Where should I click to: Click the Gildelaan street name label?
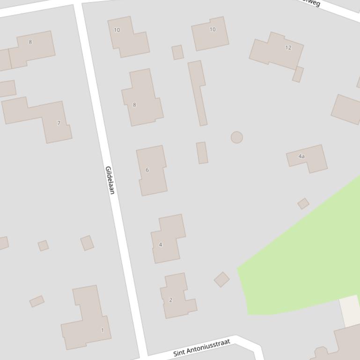(110, 180)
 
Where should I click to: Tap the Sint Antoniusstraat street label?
(202, 348)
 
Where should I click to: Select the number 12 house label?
(288, 48)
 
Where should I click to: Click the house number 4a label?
(301, 156)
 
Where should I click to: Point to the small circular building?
(237, 137)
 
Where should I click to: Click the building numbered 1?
(89, 323)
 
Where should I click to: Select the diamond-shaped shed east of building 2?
(221, 280)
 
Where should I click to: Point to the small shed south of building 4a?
(303, 203)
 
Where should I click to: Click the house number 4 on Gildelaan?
(168, 238)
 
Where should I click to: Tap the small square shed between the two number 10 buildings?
(177, 52)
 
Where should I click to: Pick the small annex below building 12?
(298, 74)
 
